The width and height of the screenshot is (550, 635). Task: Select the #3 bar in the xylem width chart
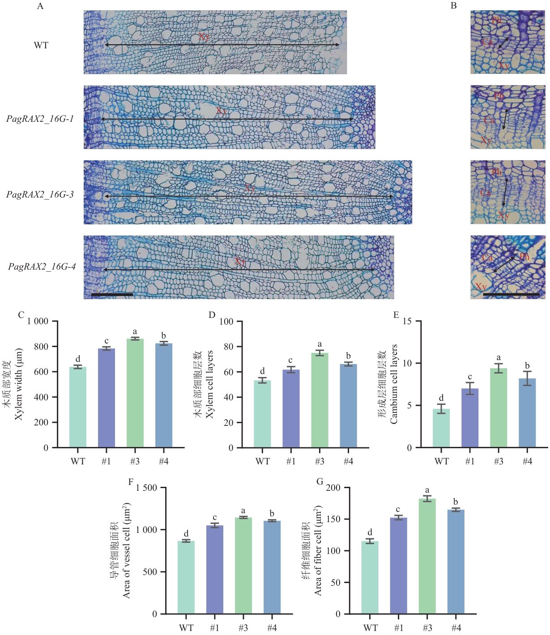pyautogui.click(x=135, y=393)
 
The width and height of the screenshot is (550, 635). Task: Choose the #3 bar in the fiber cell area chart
pyautogui.click(x=427, y=556)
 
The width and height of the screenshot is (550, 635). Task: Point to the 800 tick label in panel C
pyautogui.click(x=41, y=347)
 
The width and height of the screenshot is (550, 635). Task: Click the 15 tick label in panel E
pyautogui.click(x=407, y=321)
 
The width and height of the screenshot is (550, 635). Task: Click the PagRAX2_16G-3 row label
pyautogui.click(x=40, y=194)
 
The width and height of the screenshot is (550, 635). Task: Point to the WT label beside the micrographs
pyautogui.click(x=41, y=46)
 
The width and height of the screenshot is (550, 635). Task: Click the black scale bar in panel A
pyautogui.click(x=112, y=294)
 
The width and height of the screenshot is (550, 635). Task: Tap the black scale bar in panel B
pyautogui.click(x=512, y=294)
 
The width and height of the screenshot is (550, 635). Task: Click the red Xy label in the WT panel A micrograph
pyautogui.click(x=204, y=37)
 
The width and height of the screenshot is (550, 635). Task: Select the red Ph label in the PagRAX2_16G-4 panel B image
pyautogui.click(x=524, y=257)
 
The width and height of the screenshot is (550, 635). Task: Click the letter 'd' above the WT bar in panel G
pyautogui.click(x=370, y=532)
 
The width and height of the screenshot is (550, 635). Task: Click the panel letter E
pyautogui.click(x=396, y=315)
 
